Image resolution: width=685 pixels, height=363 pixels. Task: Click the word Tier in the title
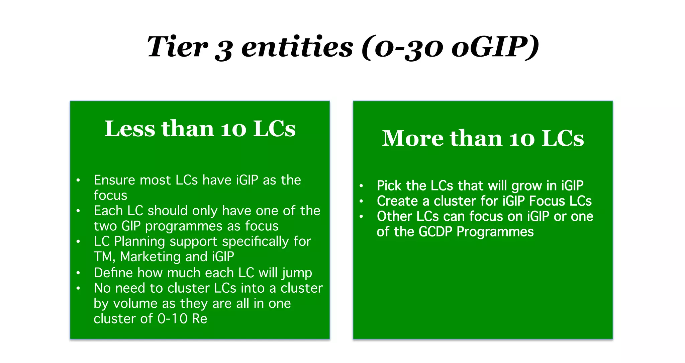pos(177,47)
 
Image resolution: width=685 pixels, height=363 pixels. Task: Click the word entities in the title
pos(297,47)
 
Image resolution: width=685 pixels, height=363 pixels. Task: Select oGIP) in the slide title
pos(495,47)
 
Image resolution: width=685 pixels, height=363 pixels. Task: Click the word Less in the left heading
pos(129,129)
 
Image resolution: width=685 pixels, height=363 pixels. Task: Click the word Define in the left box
pos(113,273)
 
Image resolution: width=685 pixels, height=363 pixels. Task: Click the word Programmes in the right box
pos(495,232)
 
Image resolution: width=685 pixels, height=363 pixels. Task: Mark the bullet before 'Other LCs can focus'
pos(361,217)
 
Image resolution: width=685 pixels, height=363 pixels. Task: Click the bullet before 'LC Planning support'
pos(78,241)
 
